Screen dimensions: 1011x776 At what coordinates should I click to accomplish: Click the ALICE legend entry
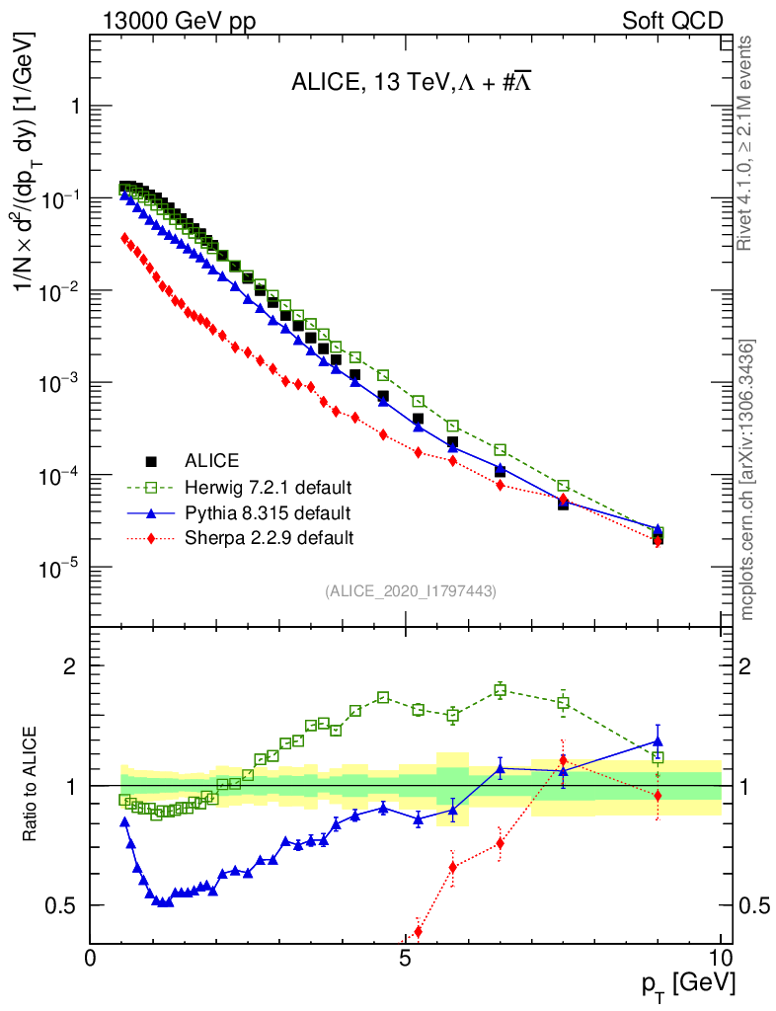(x=212, y=460)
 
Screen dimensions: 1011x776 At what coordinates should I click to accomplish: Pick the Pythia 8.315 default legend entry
(x=267, y=512)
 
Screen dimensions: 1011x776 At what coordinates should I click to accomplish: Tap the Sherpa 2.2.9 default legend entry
(x=269, y=538)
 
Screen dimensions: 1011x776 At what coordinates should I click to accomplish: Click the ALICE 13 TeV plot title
(x=413, y=83)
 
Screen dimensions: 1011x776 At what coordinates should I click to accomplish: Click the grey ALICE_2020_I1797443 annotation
(x=410, y=590)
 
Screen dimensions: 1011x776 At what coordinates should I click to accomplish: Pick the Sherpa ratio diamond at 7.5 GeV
(x=563, y=761)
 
